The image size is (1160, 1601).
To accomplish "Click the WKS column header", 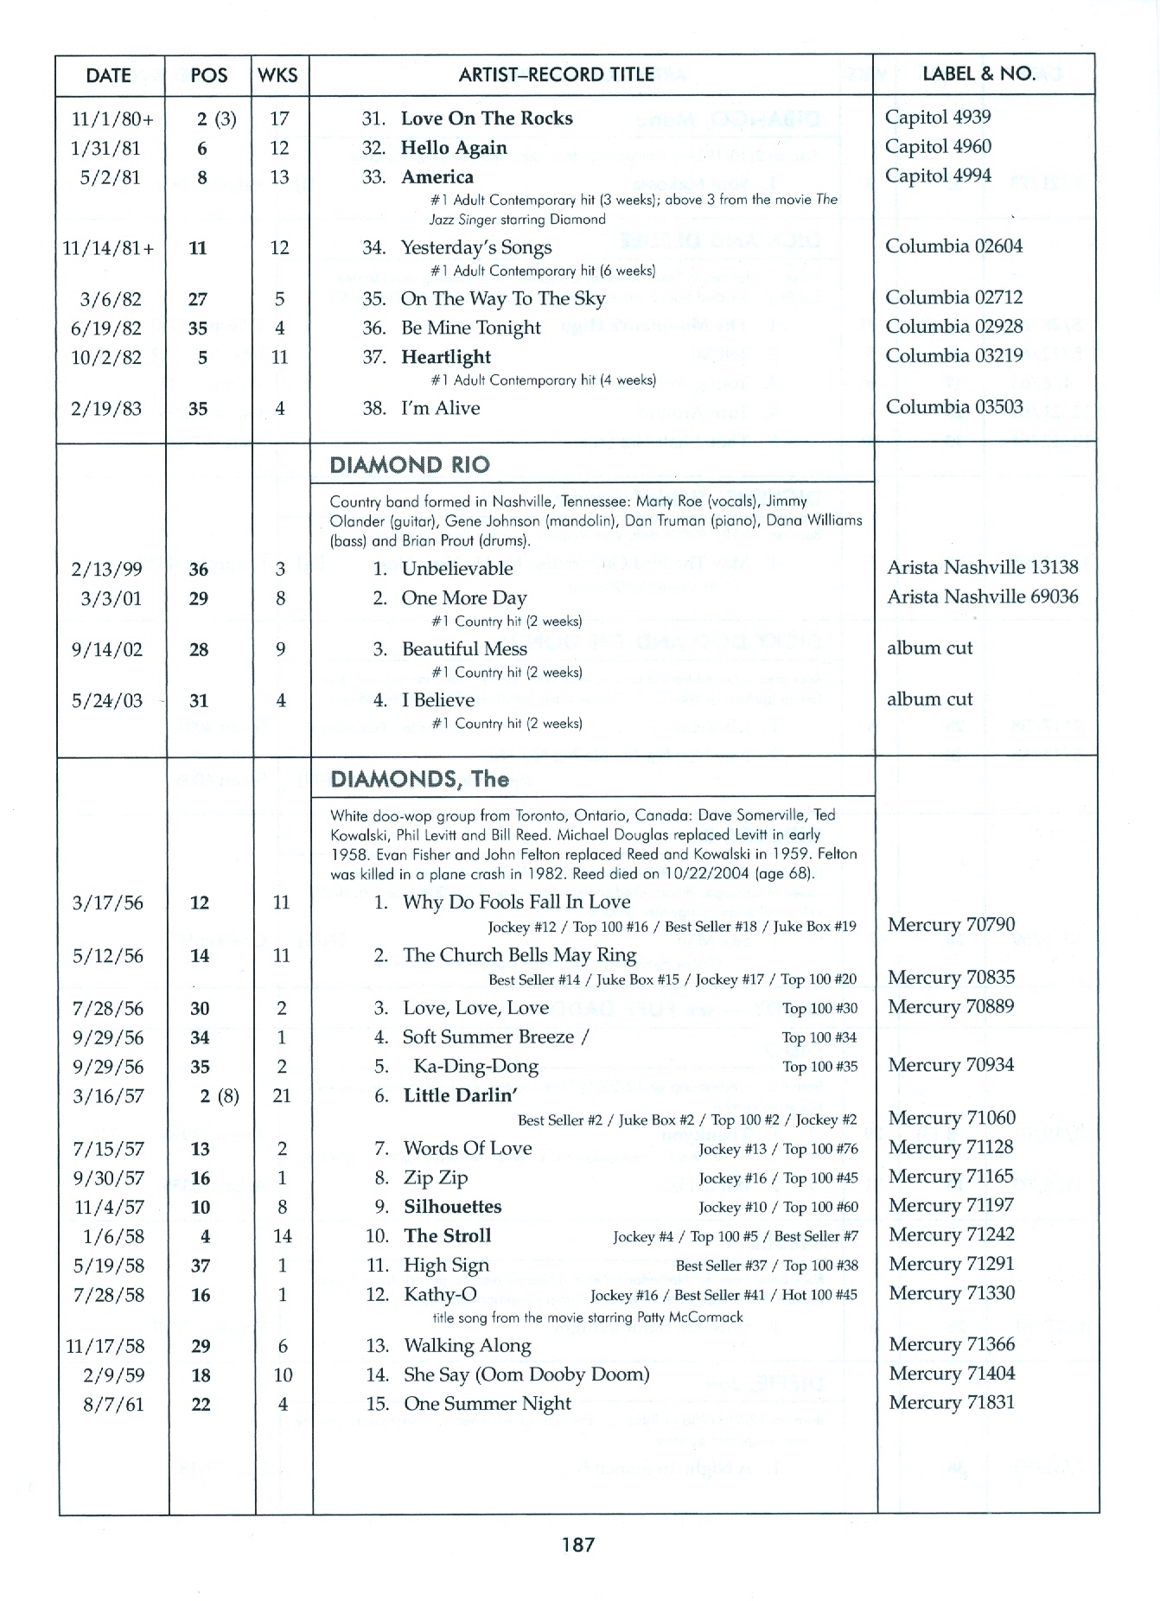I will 277,75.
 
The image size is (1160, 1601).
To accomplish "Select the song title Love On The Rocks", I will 486,118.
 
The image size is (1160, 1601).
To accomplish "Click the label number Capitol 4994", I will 937,175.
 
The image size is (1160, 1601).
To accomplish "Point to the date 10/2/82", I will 106,358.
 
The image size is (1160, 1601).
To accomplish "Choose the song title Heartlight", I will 445,357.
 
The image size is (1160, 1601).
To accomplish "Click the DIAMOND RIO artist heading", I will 410,465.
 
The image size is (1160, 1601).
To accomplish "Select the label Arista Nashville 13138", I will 982,568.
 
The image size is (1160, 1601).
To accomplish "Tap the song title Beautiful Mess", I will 464,649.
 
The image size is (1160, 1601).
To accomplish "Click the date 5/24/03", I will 107,701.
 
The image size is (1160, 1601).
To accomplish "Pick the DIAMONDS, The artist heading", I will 419,780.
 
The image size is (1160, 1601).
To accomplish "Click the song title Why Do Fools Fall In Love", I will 516,903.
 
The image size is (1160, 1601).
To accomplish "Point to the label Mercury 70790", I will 951,925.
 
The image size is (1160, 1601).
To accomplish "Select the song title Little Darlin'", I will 460,1096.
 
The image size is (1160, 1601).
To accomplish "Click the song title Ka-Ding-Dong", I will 475,1067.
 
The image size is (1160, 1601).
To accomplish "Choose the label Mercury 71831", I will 951,1403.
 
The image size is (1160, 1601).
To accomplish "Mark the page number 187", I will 577,1544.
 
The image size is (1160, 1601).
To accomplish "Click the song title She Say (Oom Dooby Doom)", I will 526,1375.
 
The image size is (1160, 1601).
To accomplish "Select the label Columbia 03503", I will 953,407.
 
